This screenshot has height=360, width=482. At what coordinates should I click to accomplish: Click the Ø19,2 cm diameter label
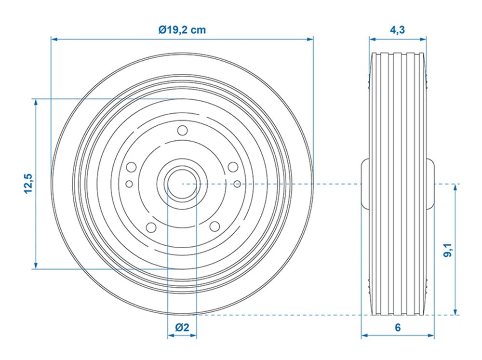click(182, 30)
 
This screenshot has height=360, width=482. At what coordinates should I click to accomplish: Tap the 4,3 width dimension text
click(397, 30)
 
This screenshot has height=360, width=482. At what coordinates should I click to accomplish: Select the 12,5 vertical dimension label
click(29, 183)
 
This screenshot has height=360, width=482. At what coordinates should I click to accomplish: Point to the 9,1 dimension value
click(448, 251)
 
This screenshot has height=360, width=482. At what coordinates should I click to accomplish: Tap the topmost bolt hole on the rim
click(182, 131)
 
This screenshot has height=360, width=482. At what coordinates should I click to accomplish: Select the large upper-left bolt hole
click(131, 167)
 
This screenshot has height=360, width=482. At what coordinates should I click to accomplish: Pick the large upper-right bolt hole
click(233, 167)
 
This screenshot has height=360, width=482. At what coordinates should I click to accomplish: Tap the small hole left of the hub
click(129, 184)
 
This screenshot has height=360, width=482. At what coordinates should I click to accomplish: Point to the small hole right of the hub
click(237, 184)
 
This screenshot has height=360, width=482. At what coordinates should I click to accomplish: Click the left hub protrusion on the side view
click(365, 184)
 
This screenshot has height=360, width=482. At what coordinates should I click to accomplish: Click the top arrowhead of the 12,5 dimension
click(35, 102)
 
